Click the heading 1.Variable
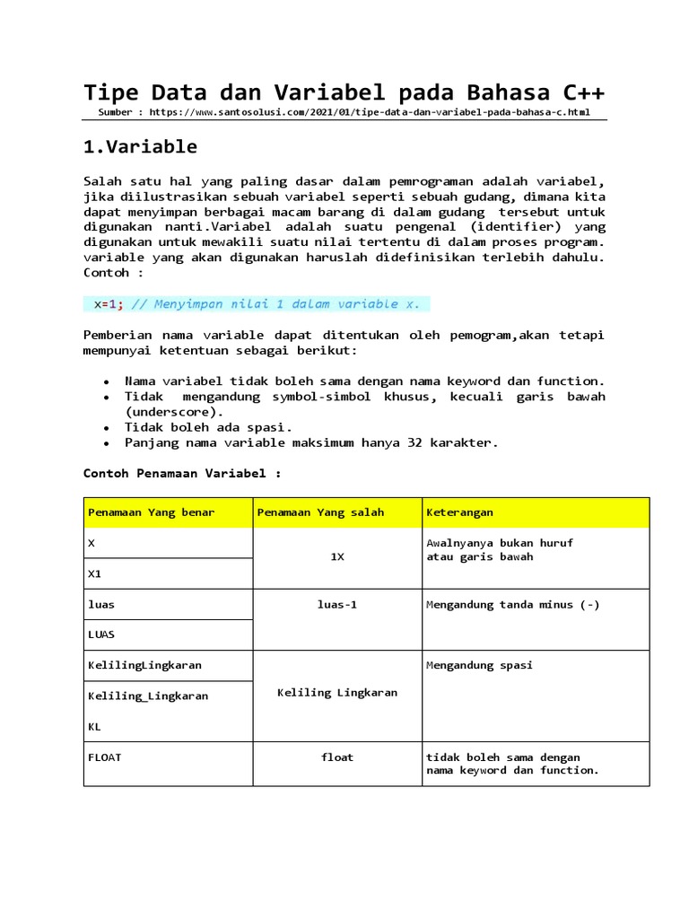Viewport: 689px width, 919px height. tap(140, 146)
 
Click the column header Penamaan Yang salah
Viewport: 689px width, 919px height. tap(320, 512)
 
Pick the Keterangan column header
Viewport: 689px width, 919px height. tap(459, 512)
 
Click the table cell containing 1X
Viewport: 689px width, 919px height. tap(337, 557)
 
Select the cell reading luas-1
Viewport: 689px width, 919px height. tap(337, 605)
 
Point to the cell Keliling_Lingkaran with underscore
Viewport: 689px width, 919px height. tap(147, 696)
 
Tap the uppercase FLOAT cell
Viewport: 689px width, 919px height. tap(104, 757)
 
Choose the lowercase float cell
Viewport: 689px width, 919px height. tap(337, 757)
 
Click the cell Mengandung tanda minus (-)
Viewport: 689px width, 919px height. tap(513, 605)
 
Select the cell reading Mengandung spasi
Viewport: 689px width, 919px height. tap(479, 666)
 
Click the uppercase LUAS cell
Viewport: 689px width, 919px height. tap(100, 635)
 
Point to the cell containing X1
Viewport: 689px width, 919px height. tap(94, 573)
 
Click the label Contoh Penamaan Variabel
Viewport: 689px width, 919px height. tap(182, 473)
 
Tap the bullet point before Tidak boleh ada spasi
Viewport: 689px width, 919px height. tap(108, 428)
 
